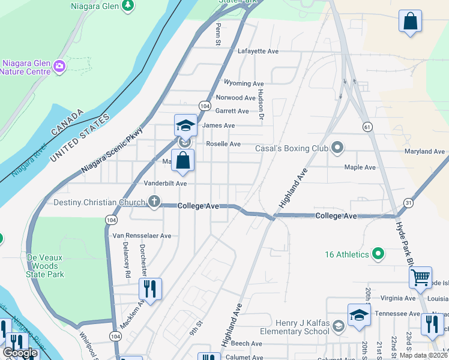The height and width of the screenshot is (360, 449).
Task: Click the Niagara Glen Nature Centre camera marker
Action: (59, 65)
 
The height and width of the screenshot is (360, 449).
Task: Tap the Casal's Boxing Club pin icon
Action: (337, 148)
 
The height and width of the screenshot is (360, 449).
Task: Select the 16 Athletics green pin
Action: (378, 254)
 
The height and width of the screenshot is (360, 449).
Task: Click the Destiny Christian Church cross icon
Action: (154, 202)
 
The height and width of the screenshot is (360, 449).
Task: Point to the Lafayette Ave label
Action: (258, 52)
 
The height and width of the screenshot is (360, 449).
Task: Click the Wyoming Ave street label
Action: (243, 83)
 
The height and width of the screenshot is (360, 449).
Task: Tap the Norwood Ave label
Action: (235, 97)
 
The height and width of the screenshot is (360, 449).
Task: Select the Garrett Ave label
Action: (232, 111)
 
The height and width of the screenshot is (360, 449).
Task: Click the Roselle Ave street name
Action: (223, 144)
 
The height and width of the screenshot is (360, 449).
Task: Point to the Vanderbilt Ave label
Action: (165, 183)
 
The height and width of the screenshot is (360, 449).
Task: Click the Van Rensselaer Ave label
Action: (142, 236)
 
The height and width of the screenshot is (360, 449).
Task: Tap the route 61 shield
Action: (367, 127)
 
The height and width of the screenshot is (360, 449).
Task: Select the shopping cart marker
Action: (421, 277)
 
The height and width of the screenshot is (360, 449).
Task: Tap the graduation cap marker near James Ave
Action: (185, 125)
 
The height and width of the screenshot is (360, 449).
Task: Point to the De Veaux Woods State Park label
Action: (38, 266)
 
